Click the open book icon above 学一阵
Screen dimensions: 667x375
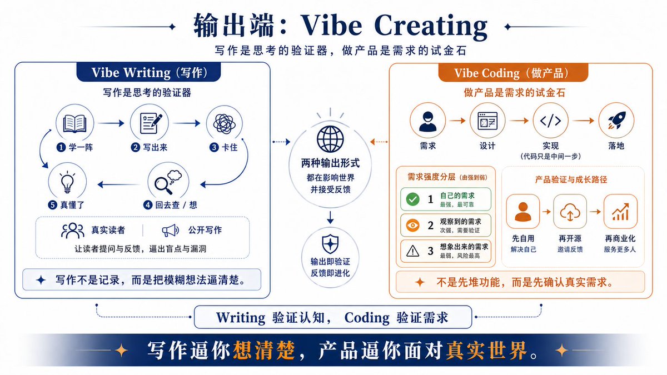pyautogui.click(x=74, y=123)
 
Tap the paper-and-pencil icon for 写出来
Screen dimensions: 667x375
pyautogui.click(x=151, y=123)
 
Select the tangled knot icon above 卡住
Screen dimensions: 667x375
pyautogui.click(x=224, y=123)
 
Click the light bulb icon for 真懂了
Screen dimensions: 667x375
pyautogui.click(x=67, y=182)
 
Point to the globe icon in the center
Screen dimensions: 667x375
pyautogui.click(x=330, y=139)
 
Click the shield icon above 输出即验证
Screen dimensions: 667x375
pyautogui.click(x=330, y=244)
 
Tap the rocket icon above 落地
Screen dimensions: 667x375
pyautogui.click(x=616, y=120)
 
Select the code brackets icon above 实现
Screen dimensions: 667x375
pyautogui.click(x=550, y=121)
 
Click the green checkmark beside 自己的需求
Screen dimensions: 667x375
pyautogui.click(x=412, y=199)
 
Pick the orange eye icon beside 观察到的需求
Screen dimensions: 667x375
pyautogui.click(x=412, y=225)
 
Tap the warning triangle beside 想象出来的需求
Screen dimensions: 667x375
pyautogui.click(x=412, y=251)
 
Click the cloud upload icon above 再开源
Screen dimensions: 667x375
pyautogui.click(x=570, y=212)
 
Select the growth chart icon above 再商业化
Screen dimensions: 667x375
pyautogui.click(x=620, y=212)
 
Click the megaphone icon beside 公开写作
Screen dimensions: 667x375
pyautogui.click(x=170, y=231)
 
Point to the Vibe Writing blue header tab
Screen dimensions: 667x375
pyautogui.click(x=148, y=72)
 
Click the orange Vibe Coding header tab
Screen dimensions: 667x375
pyautogui.click(x=513, y=73)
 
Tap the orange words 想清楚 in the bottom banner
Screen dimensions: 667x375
pyautogui.click(x=264, y=351)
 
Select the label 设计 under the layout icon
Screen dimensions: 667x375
pyautogui.click(x=487, y=146)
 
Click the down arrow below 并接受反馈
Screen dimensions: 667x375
pyautogui.click(x=330, y=217)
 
